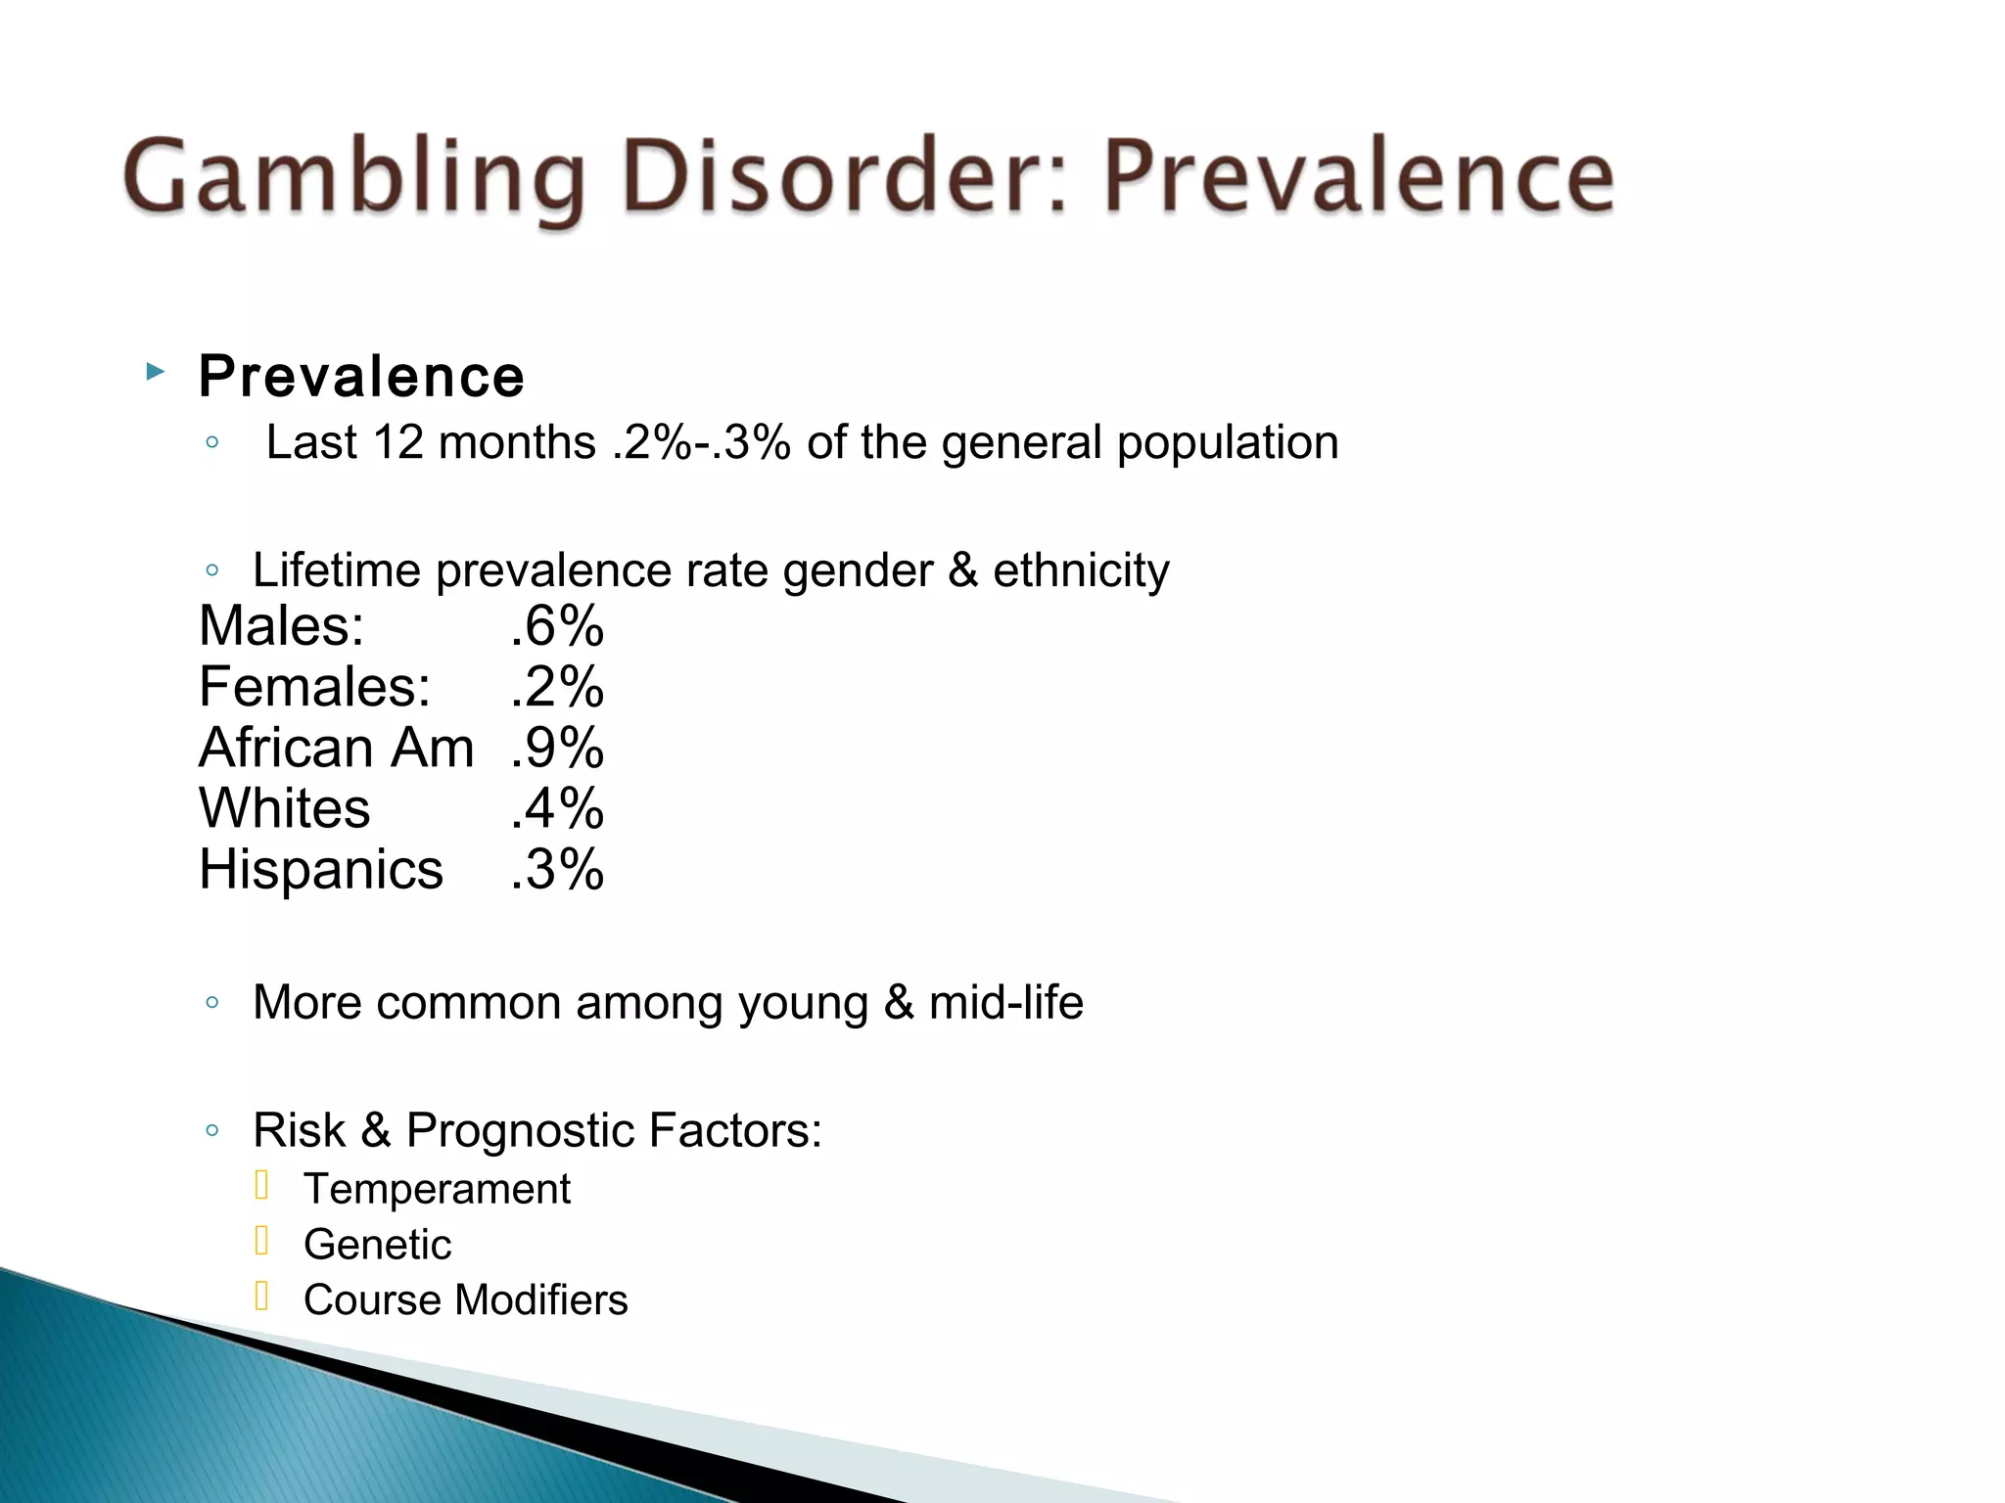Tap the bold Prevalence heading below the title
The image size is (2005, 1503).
point(361,377)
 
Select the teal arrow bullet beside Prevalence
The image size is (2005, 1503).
point(155,372)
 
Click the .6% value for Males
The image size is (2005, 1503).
point(557,626)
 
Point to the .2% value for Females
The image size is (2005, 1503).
point(557,687)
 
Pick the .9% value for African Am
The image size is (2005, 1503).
point(557,749)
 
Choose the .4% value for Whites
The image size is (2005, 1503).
point(557,809)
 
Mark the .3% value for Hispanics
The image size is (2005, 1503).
point(557,870)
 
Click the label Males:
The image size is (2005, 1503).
point(281,626)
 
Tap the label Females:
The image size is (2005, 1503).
point(314,687)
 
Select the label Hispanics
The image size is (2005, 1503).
point(320,870)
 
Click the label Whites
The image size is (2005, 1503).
point(284,809)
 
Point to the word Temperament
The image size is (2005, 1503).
point(437,1190)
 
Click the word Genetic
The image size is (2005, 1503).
point(377,1246)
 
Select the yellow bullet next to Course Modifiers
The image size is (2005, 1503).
point(261,1297)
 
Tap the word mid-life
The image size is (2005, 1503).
point(1005,1003)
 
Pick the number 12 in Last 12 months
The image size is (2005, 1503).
point(397,443)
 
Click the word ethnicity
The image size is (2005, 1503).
point(1081,571)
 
